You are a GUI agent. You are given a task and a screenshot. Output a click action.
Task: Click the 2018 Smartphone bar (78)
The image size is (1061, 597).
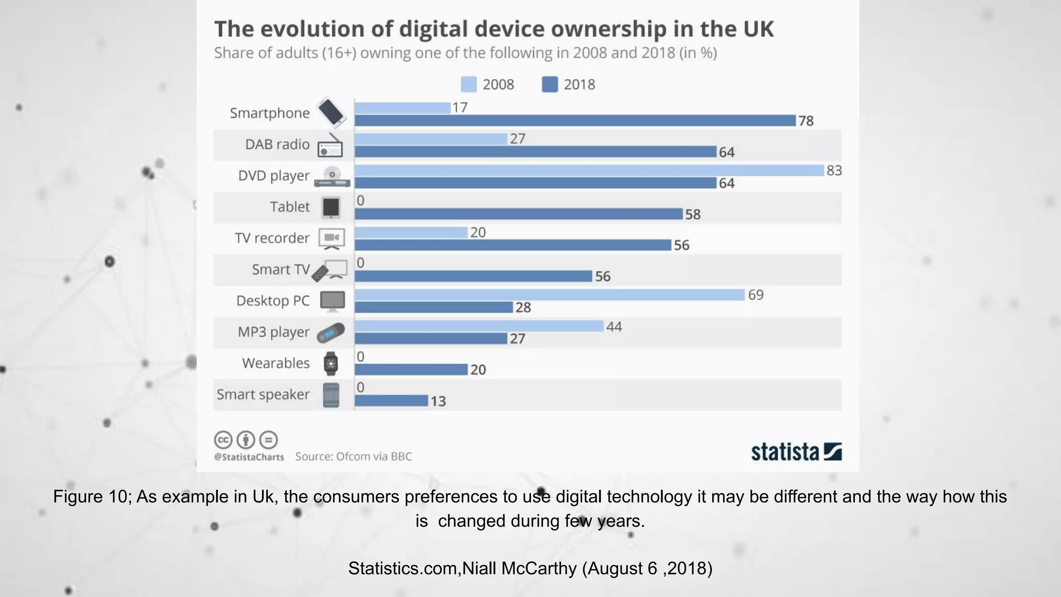(x=575, y=121)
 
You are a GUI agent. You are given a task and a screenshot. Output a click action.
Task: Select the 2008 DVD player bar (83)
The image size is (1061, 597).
(x=589, y=170)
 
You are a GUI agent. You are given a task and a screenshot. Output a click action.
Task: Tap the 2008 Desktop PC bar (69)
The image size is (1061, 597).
(x=550, y=295)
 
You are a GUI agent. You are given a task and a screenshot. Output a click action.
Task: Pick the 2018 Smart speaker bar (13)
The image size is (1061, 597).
(x=392, y=401)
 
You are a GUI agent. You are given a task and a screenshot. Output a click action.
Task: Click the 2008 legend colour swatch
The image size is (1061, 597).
(x=468, y=84)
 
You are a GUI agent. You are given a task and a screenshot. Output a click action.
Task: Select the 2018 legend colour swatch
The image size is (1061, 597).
(x=550, y=84)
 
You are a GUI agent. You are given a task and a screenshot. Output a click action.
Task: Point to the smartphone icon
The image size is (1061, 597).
(x=331, y=112)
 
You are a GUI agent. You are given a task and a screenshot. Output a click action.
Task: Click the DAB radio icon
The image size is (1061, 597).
(x=330, y=146)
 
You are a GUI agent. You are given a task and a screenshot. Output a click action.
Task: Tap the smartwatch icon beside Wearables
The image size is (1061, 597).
(x=331, y=363)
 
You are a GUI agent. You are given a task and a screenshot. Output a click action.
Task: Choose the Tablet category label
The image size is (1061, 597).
(x=290, y=207)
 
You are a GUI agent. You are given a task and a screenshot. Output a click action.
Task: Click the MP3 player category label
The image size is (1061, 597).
(x=274, y=332)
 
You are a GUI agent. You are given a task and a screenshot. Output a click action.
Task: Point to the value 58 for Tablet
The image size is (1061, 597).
(x=693, y=215)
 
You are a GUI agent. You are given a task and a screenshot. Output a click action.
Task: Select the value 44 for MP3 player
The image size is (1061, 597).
(x=614, y=326)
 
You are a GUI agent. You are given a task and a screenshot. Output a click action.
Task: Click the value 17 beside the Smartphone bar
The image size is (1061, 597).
(x=460, y=108)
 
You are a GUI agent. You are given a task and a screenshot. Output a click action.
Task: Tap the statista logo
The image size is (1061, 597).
(x=796, y=451)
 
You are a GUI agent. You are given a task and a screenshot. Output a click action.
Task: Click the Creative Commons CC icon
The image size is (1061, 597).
(x=223, y=440)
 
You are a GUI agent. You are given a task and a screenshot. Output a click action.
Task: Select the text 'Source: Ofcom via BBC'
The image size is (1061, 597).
(x=353, y=457)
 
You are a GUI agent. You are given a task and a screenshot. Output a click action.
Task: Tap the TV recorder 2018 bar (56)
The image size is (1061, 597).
(x=513, y=245)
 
